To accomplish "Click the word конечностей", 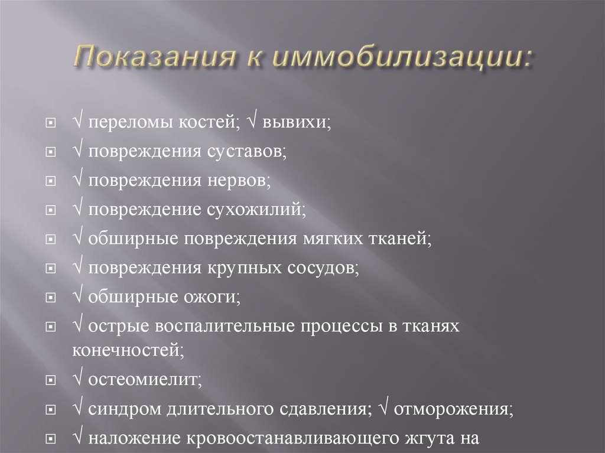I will click(127, 349).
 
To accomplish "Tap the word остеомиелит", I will click(145, 380).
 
